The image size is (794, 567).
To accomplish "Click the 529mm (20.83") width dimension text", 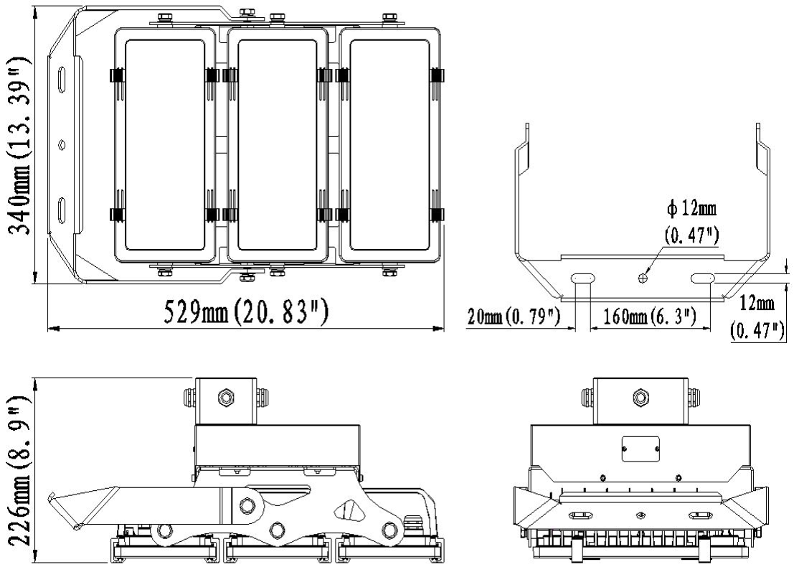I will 244,313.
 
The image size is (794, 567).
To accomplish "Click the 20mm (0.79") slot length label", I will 514,317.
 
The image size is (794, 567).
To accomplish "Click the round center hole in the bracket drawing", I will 644,277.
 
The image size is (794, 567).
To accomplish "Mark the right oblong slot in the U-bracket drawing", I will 703,277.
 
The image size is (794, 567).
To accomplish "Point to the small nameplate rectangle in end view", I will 640,449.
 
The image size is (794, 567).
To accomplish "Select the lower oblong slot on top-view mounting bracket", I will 62,207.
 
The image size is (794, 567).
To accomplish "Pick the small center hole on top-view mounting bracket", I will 62,144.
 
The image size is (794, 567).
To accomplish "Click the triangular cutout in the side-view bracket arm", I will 349,510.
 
